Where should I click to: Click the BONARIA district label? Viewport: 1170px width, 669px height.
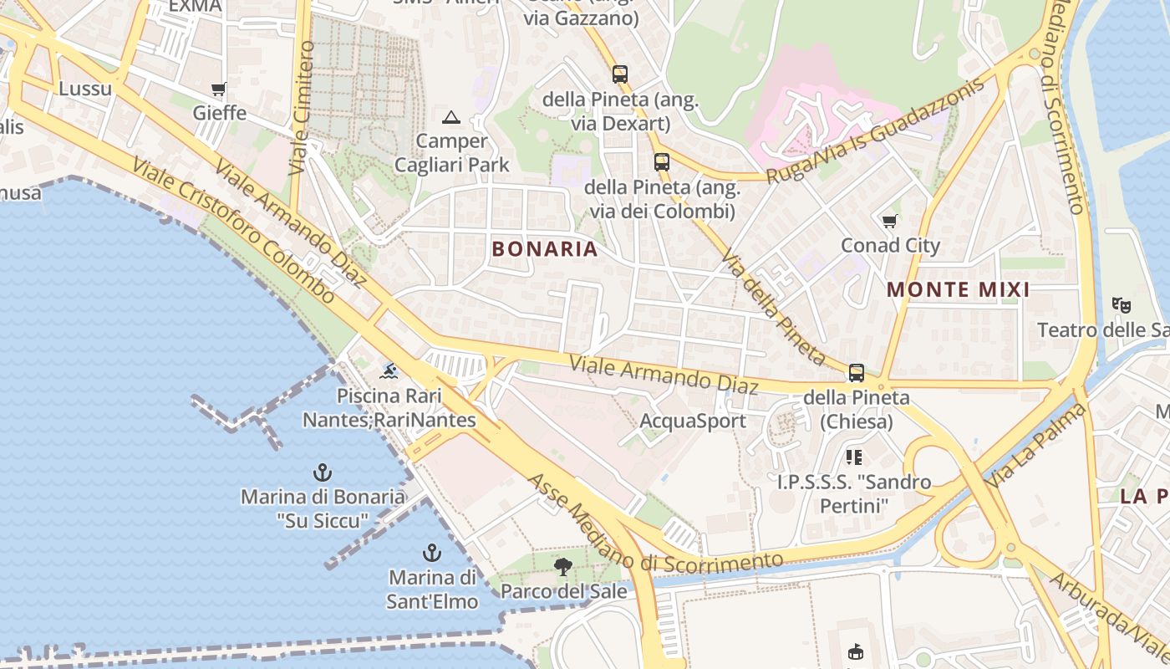545,249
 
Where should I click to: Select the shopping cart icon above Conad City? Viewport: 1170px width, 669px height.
889,222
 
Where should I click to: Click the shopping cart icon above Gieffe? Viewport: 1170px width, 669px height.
219,89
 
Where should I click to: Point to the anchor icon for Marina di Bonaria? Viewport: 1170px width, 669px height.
322,472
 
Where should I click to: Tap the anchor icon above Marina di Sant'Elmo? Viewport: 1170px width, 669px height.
432,553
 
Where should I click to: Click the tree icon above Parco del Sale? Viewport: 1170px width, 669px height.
563,567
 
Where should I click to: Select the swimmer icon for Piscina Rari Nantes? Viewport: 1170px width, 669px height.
389,370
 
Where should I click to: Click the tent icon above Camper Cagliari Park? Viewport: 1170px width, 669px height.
451,117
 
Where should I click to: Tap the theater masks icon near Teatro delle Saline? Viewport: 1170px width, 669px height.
1121,305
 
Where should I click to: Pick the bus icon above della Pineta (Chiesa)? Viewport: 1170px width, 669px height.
856,373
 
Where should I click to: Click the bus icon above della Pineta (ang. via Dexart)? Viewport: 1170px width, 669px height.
619,74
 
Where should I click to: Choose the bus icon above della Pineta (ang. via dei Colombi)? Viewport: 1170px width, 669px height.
662,161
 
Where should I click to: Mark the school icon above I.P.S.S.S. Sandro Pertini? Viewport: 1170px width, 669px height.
853,457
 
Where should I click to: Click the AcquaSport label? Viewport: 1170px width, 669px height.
693,421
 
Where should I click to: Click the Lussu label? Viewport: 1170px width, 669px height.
85,89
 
